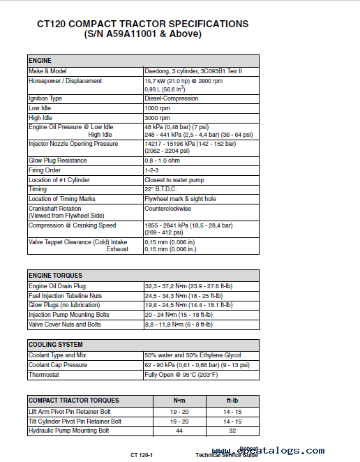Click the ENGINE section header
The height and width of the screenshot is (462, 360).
pyautogui.click(x=39, y=61)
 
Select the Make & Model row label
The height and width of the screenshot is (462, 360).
pyautogui.click(x=47, y=71)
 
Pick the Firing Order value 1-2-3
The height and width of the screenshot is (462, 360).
pyautogui.click(x=151, y=170)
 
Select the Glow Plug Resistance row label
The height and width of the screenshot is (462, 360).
pyautogui.click(x=58, y=161)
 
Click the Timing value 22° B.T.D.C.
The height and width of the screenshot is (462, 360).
pyautogui.click(x=163, y=189)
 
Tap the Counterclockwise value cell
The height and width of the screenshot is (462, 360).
pyautogui.click(x=167, y=209)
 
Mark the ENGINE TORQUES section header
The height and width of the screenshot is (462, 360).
pyautogui.click(x=55, y=276)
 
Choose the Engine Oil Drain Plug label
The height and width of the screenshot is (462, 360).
pyautogui.click(x=57, y=286)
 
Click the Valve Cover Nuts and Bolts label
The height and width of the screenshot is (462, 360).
pyautogui.click(x=64, y=325)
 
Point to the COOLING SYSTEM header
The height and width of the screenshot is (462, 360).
pyautogui.click(x=55, y=345)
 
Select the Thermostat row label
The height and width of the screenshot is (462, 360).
pyautogui.click(x=44, y=375)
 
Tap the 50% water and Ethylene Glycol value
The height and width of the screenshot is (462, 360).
pyautogui.click(x=192, y=355)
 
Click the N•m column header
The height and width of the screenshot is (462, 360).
pyautogui.click(x=179, y=401)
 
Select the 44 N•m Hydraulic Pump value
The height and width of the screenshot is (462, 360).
pyautogui.click(x=179, y=431)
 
